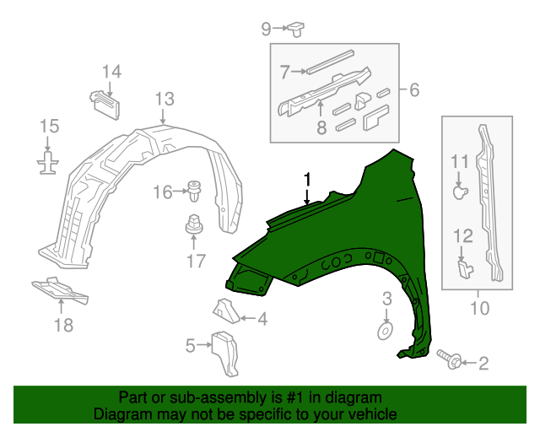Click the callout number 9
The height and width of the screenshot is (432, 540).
(x=266, y=30)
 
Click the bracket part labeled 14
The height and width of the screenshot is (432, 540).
(x=104, y=101)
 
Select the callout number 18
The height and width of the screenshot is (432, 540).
(x=63, y=325)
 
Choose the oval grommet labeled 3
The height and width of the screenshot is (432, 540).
(x=384, y=329)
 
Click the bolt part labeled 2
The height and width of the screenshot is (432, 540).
(x=451, y=361)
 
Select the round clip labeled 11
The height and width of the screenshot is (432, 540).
(x=459, y=193)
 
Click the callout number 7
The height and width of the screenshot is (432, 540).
(x=284, y=71)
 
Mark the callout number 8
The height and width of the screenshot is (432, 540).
(x=321, y=128)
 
